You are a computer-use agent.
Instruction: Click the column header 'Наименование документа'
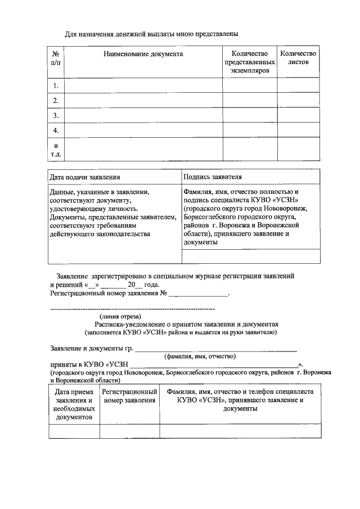(143, 54)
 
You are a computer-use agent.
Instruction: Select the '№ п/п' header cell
(56, 58)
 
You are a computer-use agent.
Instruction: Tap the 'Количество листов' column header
(298, 58)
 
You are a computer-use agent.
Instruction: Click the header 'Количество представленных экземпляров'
(250, 62)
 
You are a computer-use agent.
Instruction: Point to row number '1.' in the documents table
(56, 85)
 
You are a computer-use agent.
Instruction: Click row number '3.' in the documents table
(56, 115)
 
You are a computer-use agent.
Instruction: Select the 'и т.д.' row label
(56, 149)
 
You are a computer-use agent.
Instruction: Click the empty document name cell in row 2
(143, 101)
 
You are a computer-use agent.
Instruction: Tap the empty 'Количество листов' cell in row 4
(298, 130)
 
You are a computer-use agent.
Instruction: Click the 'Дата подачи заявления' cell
(85, 177)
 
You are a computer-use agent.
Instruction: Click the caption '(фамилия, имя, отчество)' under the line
(200, 356)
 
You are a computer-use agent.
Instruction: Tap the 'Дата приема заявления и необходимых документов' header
(74, 404)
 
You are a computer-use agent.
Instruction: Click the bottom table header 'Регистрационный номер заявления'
(129, 395)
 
